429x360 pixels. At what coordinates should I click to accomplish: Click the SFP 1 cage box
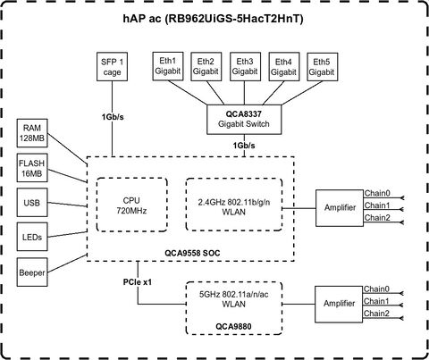pos(112,67)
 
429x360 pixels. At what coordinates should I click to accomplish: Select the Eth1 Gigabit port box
pos(168,66)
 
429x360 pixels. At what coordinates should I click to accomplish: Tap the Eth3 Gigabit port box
pos(245,67)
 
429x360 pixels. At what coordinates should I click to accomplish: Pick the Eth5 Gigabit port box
pos(323,67)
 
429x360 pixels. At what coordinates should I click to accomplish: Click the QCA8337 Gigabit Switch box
pos(244,119)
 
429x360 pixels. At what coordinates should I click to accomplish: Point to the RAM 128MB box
pos(32,133)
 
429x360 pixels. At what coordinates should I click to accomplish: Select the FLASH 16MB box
pos(32,168)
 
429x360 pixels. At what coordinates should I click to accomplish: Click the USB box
pos(32,203)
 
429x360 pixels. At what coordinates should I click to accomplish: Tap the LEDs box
pos(32,237)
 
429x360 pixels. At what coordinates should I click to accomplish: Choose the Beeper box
pos(32,272)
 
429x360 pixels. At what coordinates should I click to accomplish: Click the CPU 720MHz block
pos(131,205)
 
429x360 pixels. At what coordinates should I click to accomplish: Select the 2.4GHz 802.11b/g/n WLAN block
pos(234,205)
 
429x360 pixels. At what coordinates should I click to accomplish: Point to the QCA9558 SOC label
pos(192,254)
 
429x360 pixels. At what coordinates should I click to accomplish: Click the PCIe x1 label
pos(138,281)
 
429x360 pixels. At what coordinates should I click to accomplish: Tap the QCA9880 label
pos(233,326)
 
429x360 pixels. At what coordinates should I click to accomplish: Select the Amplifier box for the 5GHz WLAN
pos(339,305)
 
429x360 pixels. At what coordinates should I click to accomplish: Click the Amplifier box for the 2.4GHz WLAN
pos(340,208)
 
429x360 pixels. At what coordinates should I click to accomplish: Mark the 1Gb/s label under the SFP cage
pos(113,117)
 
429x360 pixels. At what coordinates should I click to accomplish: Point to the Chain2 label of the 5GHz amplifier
pos(376,314)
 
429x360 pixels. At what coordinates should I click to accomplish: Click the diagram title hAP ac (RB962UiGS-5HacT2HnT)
pos(214,19)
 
